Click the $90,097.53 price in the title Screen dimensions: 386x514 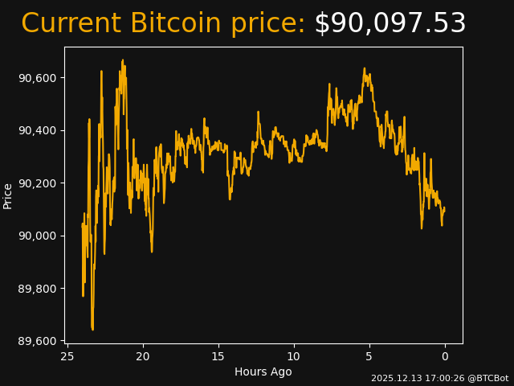(x=390, y=24)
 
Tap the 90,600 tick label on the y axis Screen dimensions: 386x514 (x=38, y=78)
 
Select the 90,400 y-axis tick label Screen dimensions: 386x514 (x=38, y=130)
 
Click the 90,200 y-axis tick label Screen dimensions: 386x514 (x=38, y=183)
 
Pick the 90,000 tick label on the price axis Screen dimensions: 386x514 (x=38, y=236)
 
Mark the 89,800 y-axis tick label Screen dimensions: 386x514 (x=38, y=289)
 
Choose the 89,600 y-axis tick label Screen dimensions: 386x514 (x=38, y=341)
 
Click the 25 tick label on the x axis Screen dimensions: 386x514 (x=67, y=357)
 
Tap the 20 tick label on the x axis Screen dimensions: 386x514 (x=143, y=357)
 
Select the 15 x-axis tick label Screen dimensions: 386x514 (x=218, y=357)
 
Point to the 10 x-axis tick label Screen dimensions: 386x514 (x=294, y=357)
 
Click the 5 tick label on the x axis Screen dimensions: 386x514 (x=369, y=357)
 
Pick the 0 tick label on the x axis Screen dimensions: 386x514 (x=445, y=357)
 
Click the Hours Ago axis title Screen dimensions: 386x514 (x=263, y=372)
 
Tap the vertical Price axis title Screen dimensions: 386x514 (x=8, y=195)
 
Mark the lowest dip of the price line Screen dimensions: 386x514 (x=92, y=329)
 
